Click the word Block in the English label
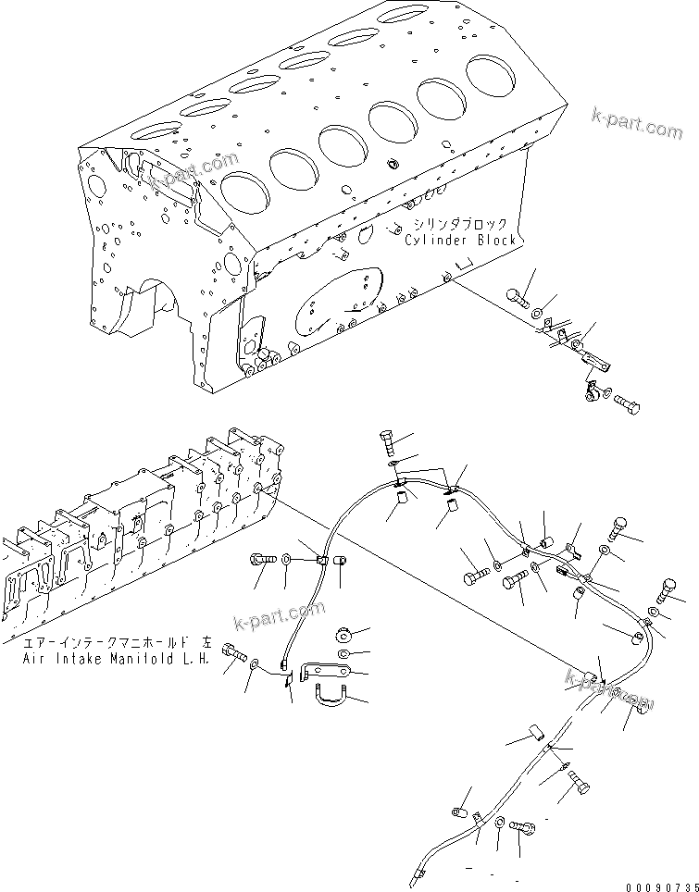[493, 241]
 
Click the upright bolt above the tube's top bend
[388, 441]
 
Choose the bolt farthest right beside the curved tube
[669, 588]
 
